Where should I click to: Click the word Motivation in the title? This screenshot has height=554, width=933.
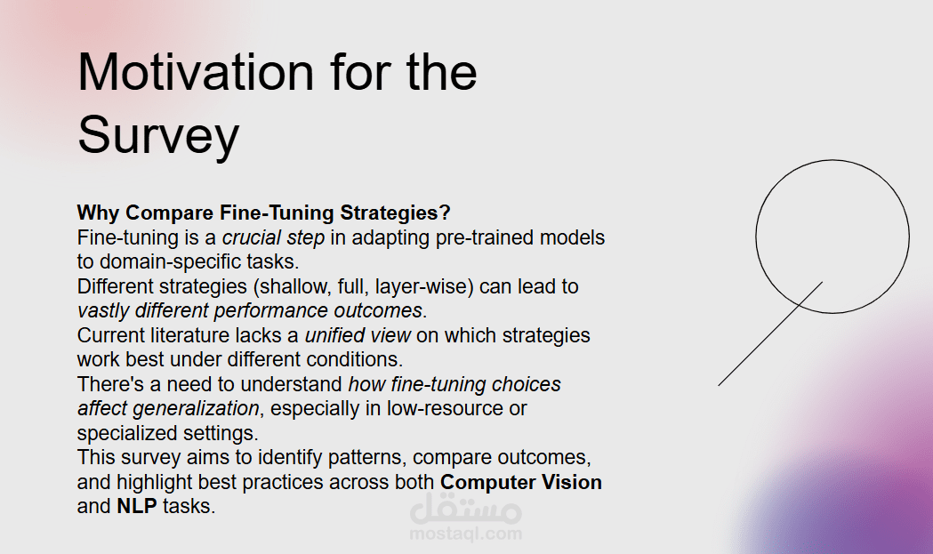point(196,72)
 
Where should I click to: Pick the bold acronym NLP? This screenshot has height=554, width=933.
point(137,506)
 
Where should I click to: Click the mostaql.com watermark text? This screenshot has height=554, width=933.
point(466,534)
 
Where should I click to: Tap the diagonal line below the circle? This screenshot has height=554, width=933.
point(770,333)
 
